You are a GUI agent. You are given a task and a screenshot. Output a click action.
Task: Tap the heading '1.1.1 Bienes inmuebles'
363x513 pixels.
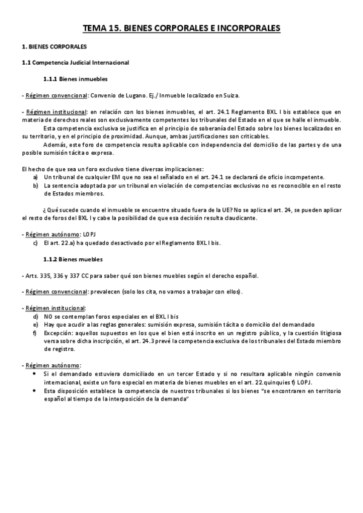pyautogui.click(x=76, y=79)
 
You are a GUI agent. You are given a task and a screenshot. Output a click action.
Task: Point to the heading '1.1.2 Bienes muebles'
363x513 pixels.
pyautogui.click(x=73, y=260)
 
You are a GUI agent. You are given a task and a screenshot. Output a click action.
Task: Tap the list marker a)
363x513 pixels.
pyautogui.click(x=36, y=177)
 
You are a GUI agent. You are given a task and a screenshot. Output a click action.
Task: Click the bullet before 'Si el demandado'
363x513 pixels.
pyautogui.click(x=36, y=374)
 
